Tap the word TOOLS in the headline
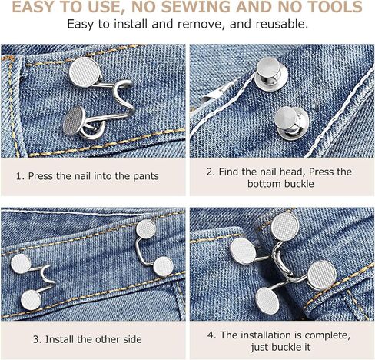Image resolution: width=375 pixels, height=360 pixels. click(x=336, y=7)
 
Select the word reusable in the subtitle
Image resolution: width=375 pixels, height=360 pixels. click(x=282, y=24)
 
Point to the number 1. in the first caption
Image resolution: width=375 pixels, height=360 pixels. click(x=21, y=176)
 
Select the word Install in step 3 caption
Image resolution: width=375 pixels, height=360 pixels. click(x=60, y=339)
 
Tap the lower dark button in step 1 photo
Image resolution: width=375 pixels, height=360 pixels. click(x=75, y=121)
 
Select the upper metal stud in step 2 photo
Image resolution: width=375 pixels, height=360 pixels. click(x=270, y=72)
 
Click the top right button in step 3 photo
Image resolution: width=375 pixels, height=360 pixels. click(x=146, y=229)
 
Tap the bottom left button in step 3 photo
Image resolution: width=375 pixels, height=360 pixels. click(x=31, y=300)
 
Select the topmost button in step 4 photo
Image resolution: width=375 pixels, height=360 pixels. click(x=285, y=227)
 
